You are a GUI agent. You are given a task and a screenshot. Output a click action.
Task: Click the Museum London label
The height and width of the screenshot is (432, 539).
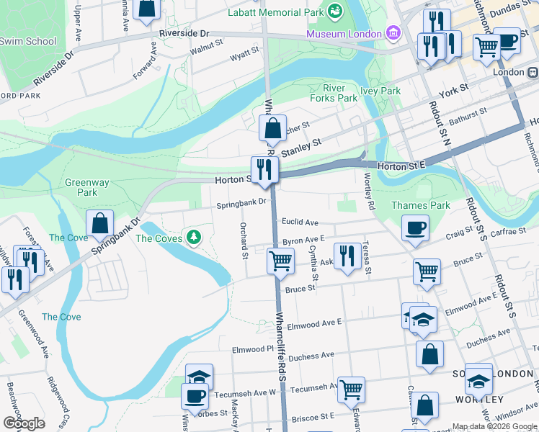click(x=344, y=34)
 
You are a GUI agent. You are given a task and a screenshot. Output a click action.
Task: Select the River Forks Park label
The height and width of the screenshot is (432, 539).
click(x=334, y=92)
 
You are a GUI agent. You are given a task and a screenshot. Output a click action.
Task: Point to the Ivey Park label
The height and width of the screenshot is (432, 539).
click(x=380, y=91)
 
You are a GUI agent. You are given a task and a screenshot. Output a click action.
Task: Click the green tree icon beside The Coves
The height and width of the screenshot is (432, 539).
click(x=193, y=237)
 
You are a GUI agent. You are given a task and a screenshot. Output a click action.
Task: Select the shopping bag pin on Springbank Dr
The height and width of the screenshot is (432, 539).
click(x=100, y=223)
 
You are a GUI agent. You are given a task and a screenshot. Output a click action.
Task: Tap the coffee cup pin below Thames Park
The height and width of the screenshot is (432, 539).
click(x=415, y=229)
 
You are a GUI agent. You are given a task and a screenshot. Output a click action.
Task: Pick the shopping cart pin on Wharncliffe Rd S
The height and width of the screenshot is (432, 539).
click(x=280, y=261)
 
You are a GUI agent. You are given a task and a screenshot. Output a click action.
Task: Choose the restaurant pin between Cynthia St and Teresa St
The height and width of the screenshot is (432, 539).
click(x=348, y=256)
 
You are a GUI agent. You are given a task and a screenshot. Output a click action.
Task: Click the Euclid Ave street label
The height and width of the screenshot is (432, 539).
click(x=300, y=222)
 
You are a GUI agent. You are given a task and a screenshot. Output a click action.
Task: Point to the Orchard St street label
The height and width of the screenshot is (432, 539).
click(x=244, y=240)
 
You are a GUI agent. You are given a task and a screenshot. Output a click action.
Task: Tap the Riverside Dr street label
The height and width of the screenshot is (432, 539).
click(x=184, y=34)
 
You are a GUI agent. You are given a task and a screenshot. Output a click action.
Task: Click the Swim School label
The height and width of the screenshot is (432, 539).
click(x=27, y=41)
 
